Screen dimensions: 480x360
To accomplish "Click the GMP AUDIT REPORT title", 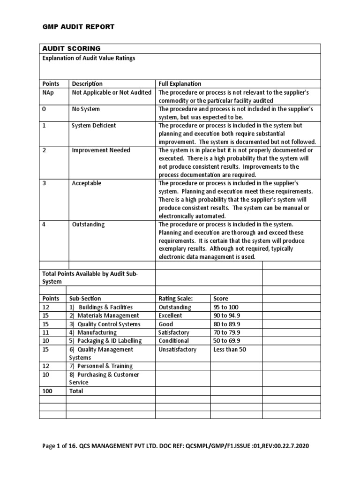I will [x=78, y=27].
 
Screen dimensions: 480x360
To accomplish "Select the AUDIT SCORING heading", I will [x=71, y=49].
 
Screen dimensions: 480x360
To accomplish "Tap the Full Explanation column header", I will [x=180, y=83].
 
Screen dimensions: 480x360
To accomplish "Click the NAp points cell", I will [x=49, y=92].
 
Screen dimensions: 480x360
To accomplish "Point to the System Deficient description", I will [x=94, y=125].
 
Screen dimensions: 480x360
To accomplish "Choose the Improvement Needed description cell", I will [x=101, y=150].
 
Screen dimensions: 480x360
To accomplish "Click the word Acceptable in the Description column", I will [x=86, y=183].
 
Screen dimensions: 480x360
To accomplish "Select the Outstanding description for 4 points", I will [x=88, y=224].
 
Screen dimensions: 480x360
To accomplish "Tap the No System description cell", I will [x=86, y=109].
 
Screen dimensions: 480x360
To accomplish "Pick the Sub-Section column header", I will [x=85, y=298].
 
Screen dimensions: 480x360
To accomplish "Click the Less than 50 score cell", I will [x=230, y=349].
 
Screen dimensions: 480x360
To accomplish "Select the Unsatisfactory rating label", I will [x=178, y=349].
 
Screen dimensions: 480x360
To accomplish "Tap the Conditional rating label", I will [x=174, y=341].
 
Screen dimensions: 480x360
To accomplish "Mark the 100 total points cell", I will [x=47, y=391].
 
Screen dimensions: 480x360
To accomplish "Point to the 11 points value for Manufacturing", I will [x=45, y=332].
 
